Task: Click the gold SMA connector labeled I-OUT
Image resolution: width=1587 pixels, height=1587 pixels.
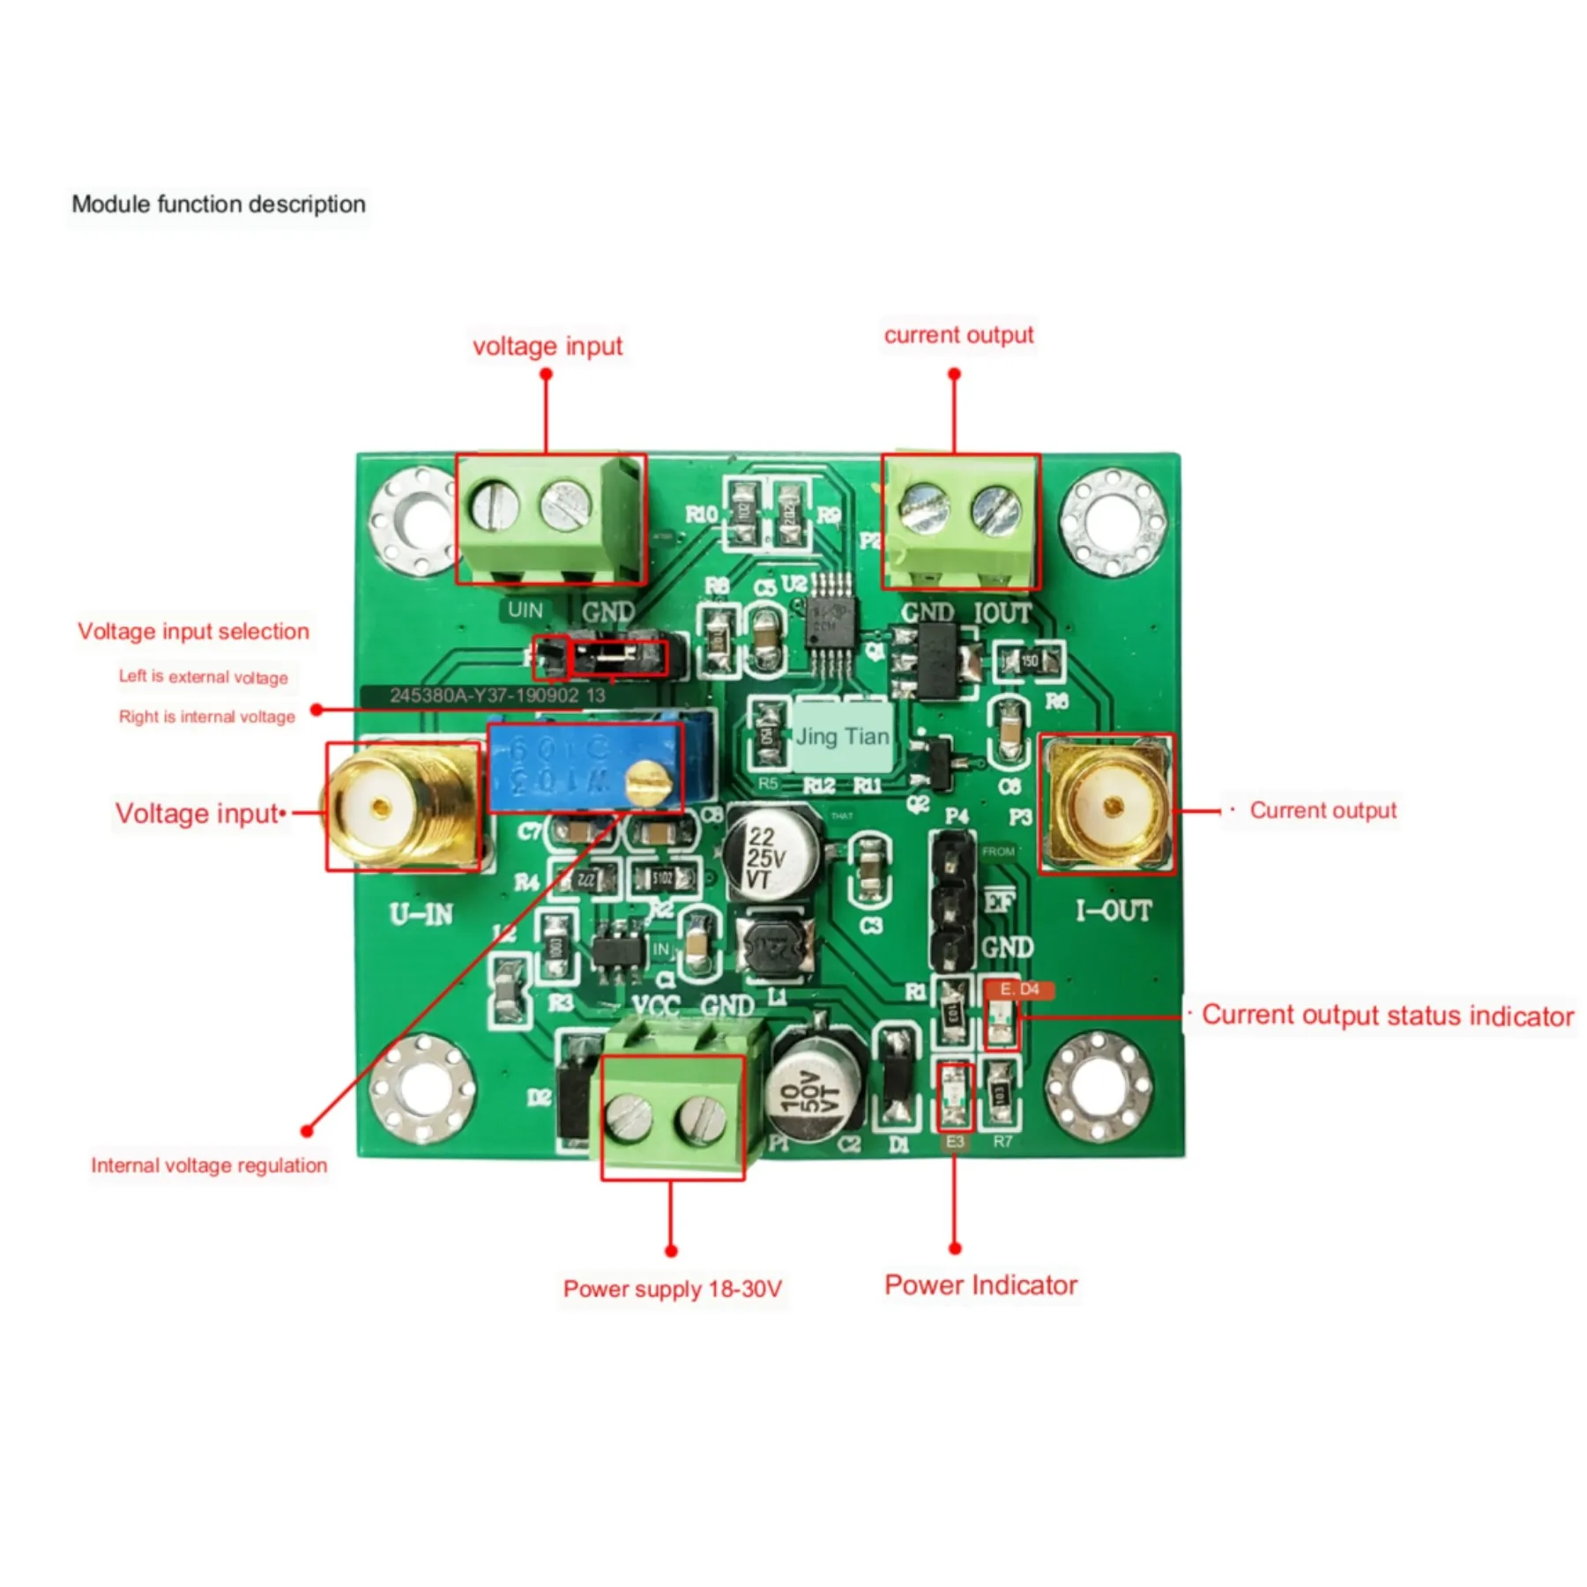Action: [1111, 804]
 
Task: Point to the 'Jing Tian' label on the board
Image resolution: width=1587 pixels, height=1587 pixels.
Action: [842, 737]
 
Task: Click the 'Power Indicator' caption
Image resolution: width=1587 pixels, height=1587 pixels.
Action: [980, 1285]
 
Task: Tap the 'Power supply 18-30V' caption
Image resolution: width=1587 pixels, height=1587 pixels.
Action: [672, 1289]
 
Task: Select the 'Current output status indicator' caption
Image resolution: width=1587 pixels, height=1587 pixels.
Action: [1387, 1016]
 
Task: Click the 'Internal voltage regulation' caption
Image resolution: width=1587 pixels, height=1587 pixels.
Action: [209, 1166]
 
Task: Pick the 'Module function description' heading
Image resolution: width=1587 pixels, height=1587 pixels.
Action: [219, 205]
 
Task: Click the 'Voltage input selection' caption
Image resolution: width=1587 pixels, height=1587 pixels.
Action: [193, 631]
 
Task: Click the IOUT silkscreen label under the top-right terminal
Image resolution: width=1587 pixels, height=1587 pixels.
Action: [1002, 612]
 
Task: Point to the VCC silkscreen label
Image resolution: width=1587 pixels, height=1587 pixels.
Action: [656, 1006]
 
